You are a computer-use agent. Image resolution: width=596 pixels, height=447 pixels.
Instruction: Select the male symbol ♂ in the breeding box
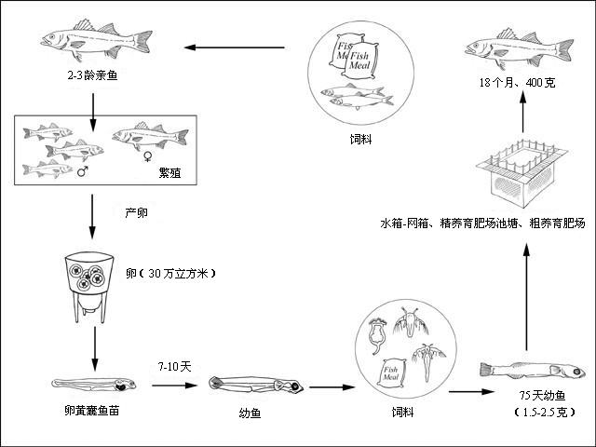tap(83, 171)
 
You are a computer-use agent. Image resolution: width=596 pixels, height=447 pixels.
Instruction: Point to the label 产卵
tap(137, 212)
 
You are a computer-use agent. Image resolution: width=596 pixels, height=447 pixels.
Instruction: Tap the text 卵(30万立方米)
tap(169, 274)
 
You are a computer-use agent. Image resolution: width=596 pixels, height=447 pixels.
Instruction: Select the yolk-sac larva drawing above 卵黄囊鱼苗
tap(93, 383)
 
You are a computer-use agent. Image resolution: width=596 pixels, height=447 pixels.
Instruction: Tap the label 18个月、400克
tap(517, 83)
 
